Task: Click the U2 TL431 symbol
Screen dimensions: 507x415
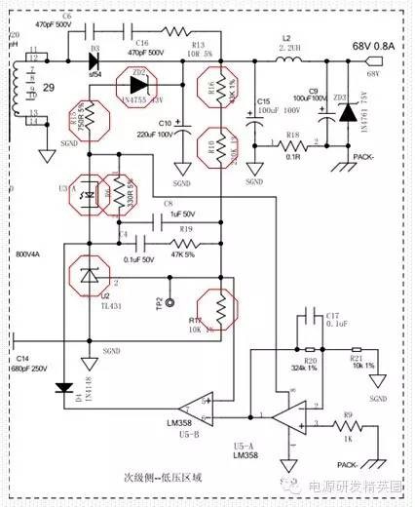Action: [x=89, y=276]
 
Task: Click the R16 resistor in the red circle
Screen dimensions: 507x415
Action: [x=221, y=94]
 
